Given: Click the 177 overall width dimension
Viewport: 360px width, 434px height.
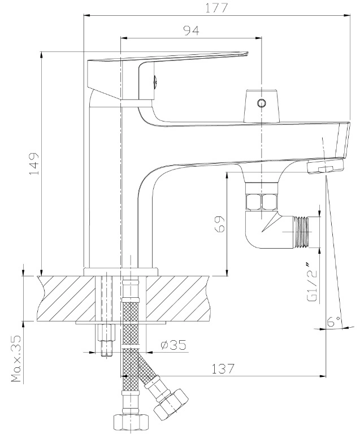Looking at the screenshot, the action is [216, 8].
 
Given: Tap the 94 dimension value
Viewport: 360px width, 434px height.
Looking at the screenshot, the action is [192, 31].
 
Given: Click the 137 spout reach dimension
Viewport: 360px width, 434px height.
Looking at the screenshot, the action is [223, 368].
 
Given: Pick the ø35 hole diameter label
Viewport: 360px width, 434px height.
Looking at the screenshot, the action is [174, 345].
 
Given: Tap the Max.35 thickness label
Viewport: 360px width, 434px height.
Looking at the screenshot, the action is [16, 358].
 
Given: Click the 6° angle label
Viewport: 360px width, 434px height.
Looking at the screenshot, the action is [334, 322].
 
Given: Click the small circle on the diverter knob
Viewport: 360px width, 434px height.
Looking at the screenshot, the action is [261, 103].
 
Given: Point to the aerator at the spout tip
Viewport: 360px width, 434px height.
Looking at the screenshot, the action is [325, 167].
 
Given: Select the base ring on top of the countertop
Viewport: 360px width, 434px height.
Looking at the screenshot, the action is [121, 271].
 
